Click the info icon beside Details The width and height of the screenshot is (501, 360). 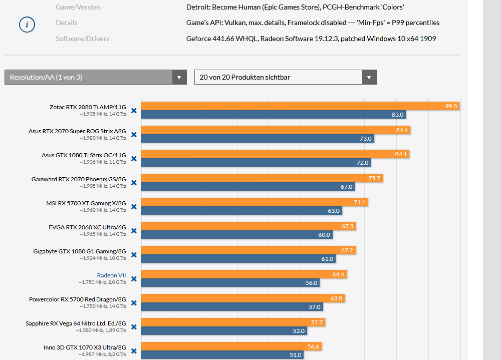click(x=27, y=25)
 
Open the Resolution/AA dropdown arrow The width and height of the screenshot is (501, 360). click(x=179, y=77)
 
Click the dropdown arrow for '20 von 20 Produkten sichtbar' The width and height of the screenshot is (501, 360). click(x=369, y=77)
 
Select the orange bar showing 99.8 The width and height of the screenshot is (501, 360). click(x=300, y=106)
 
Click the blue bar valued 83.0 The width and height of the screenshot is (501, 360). click(x=273, y=115)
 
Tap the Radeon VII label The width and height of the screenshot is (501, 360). click(x=111, y=275)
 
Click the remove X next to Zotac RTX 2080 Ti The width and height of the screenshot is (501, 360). click(x=134, y=111)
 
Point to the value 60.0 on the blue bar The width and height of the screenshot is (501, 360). click(x=324, y=235)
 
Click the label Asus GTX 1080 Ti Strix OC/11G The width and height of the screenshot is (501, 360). click(x=84, y=155)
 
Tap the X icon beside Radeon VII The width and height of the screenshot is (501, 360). click(x=134, y=279)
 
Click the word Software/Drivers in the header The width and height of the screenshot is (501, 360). click(x=82, y=39)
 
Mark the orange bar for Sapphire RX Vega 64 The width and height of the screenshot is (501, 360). click(x=233, y=322)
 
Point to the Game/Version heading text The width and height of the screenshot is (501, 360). click(x=78, y=7)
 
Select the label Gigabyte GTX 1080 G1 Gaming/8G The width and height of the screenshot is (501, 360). click(x=80, y=251)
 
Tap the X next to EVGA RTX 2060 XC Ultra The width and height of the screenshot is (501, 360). click(x=134, y=231)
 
